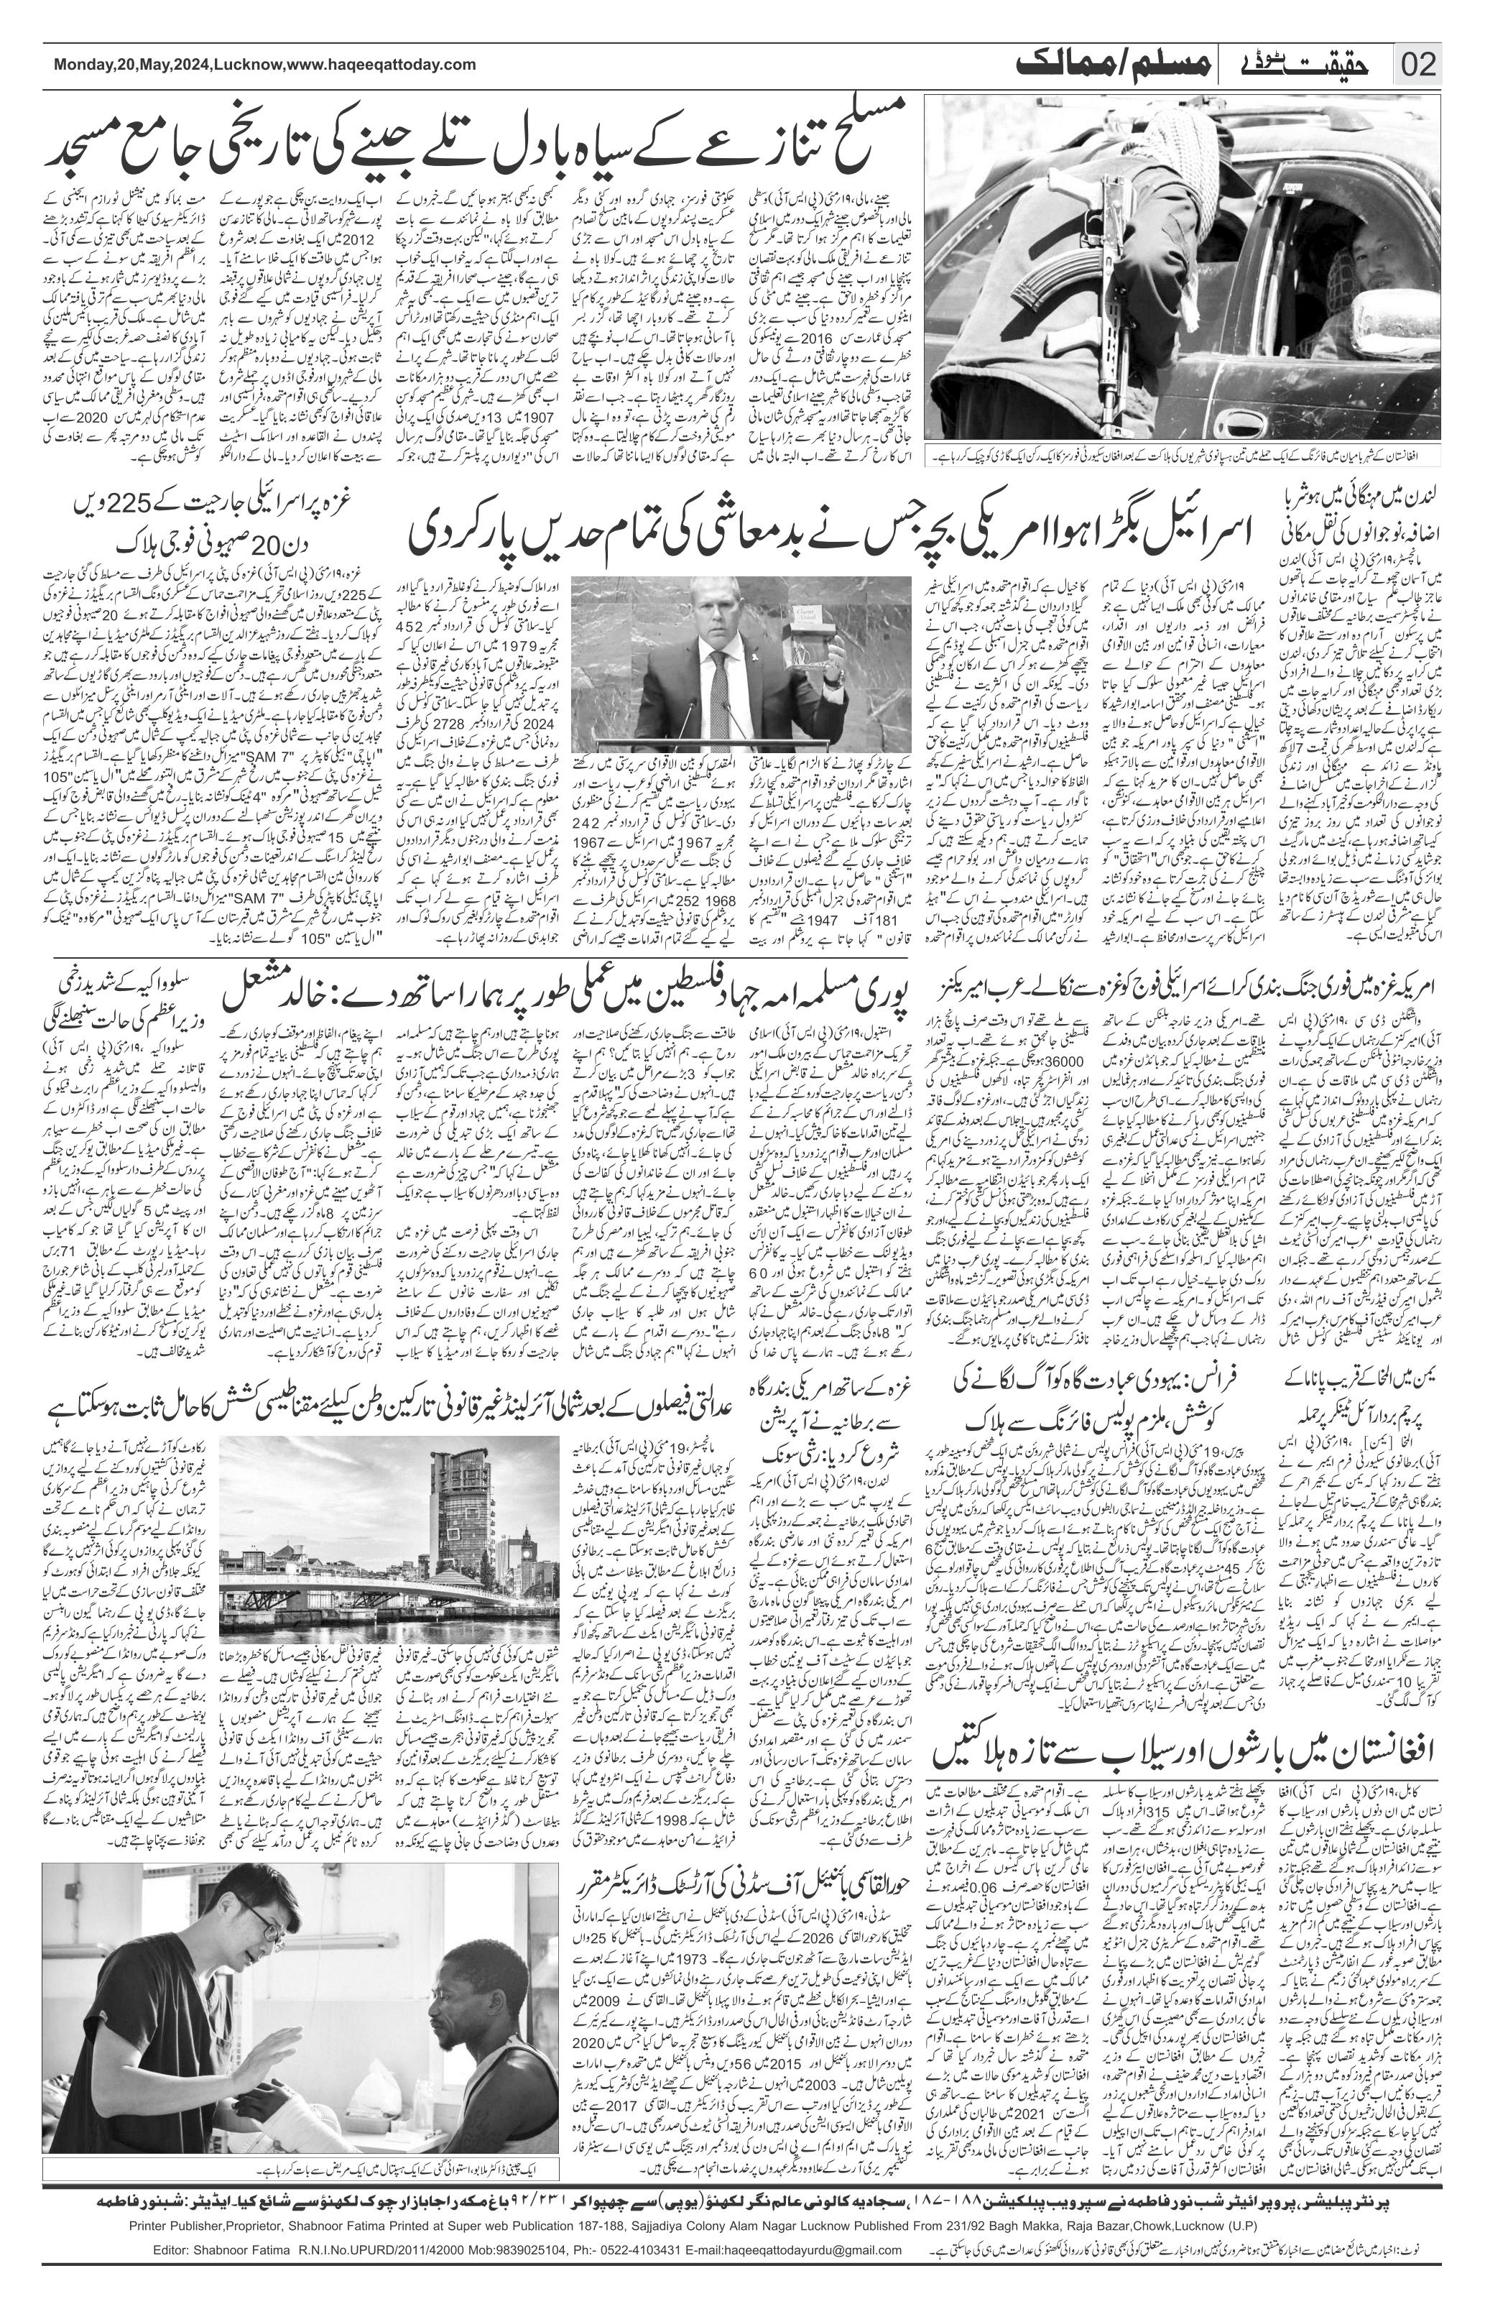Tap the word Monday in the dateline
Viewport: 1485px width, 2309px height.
pyautogui.click(x=81, y=65)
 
